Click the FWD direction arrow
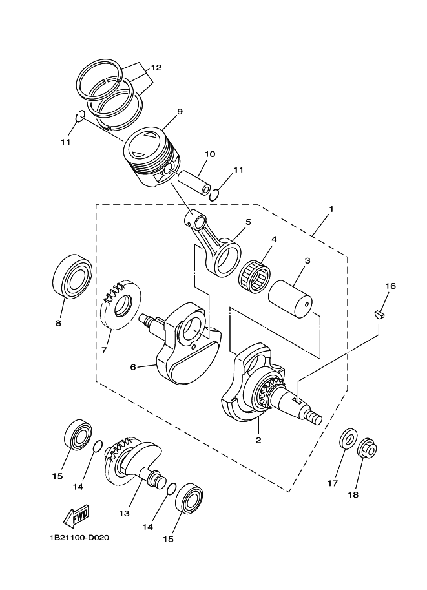point(76,515)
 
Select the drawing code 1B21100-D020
point(79,537)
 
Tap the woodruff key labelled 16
point(379,314)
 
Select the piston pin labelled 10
point(195,183)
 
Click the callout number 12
point(156,68)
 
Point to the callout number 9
point(180,112)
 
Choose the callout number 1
point(331,209)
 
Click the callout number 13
point(125,513)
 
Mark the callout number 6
point(133,367)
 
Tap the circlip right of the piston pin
point(214,195)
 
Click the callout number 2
point(258,440)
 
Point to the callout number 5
point(248,222)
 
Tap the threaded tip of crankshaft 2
point(314,418)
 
